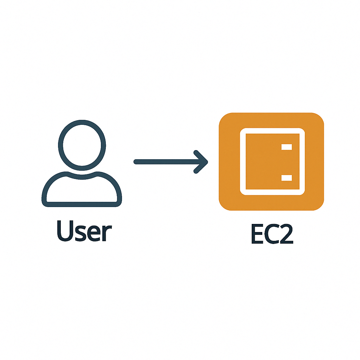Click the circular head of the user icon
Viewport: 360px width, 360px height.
pyautogui.click(x=82, y=144)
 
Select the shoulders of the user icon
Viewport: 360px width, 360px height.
pyautogui.click(x=82, y=188)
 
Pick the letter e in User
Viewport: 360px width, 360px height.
pyautogui.click(x=93, y=233)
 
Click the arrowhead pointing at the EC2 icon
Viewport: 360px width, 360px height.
pyautogui.click(x=202, y=162)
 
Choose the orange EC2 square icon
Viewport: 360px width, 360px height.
pyautogui.click(x=271, y=162)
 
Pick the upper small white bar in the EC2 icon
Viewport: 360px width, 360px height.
pyautogui.click(x=287, y=147)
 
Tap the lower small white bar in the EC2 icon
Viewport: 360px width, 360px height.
pyautogui.click(x=287, y=178)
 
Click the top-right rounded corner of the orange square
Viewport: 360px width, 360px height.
pyautogui.click(x=319, y=118)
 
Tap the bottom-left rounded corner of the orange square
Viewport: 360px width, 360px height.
pyautogui.click(x=224, y=205)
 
